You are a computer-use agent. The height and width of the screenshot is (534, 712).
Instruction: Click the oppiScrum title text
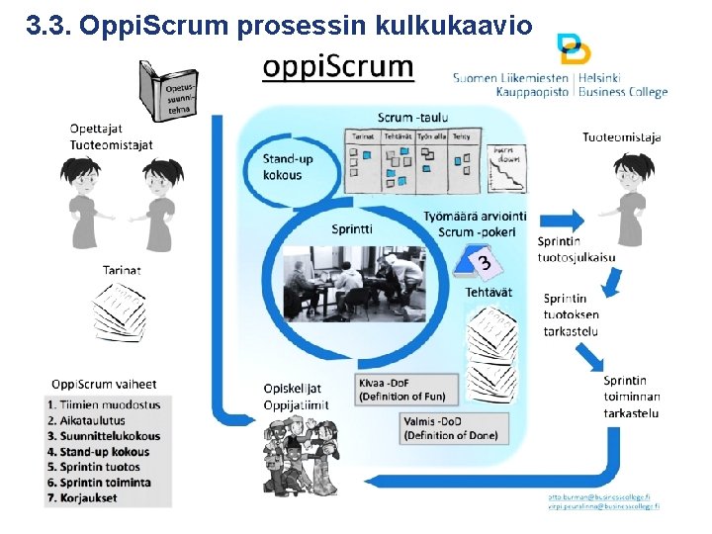point(338,68)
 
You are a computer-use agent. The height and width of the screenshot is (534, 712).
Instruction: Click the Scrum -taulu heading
point(412,117)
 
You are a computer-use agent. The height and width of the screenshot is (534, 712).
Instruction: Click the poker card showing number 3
point(483,263)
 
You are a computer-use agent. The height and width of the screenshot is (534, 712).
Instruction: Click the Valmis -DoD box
point(454,427)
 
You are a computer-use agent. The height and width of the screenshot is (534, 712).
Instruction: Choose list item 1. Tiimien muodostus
point(103,403)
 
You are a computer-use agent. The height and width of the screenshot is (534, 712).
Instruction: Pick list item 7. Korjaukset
point(82,497)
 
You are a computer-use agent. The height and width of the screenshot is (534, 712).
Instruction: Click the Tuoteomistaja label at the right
point(622,137)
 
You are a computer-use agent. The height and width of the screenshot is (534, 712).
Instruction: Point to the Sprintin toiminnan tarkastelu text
point(631,397)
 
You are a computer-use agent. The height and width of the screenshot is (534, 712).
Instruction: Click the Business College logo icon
point(574,48)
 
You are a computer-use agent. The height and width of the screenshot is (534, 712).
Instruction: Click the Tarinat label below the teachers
point(122,269)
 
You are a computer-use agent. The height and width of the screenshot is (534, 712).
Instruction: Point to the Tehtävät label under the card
point(489,292)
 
